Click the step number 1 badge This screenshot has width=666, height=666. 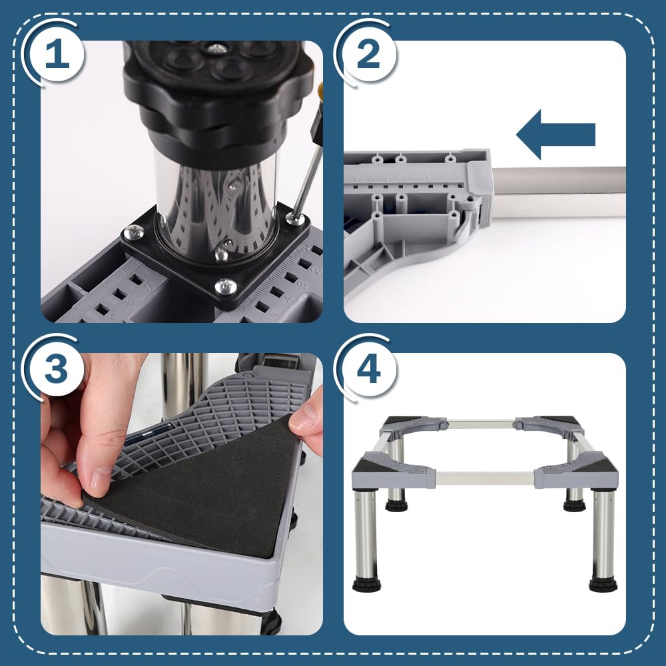tap(57, 55)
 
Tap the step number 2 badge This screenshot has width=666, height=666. tap(368, 55)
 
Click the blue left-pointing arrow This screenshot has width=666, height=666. tap(555, 135)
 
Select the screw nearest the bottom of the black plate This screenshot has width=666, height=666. tap(226, 286)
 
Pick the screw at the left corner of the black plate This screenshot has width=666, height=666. tap(134, 232)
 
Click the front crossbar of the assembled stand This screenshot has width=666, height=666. tap(485, 478)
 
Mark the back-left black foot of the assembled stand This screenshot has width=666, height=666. tap(395, 505)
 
